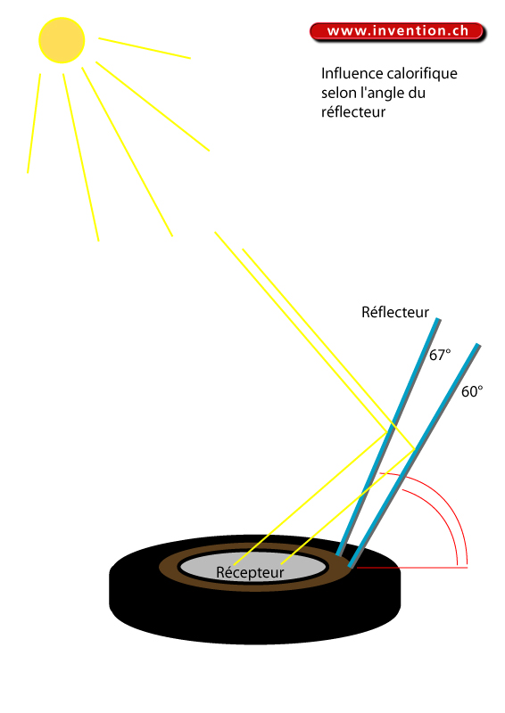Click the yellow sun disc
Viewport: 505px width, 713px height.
point(62,40)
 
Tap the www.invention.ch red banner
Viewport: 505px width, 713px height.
point(398,32)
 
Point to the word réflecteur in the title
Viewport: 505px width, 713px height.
point(353,112)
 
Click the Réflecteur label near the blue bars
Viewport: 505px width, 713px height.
point(394,313)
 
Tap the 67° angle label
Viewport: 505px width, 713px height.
point(440,355)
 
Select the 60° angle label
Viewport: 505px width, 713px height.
point(472,391)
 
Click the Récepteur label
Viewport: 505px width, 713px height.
point(250,572)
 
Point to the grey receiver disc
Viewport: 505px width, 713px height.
point(252,567)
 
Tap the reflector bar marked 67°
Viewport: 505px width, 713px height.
point(388,437)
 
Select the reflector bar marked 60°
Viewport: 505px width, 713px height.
point(414,455)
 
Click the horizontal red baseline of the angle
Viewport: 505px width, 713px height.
point(411,568)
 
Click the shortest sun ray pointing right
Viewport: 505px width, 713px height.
point(145,48)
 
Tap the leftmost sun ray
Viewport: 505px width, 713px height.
point(34,123)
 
